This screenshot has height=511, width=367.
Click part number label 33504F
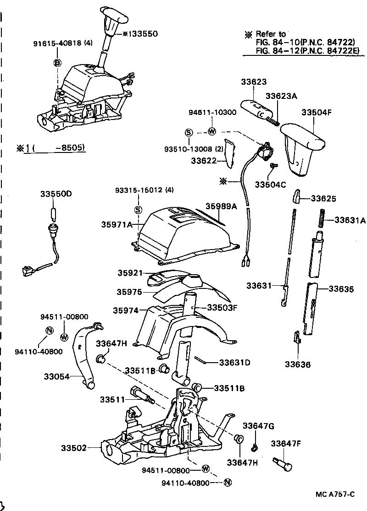[316, 112]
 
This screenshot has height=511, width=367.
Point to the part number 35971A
[117, 224]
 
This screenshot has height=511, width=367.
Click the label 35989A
[221, 207]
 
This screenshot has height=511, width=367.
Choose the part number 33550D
[55, 194]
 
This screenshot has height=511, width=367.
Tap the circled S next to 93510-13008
[188, 132]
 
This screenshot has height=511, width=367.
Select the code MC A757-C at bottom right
[335, 494]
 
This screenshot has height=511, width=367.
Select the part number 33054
[56, 376]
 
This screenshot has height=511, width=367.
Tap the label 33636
[297, 364]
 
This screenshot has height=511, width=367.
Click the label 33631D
[234, 363]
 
